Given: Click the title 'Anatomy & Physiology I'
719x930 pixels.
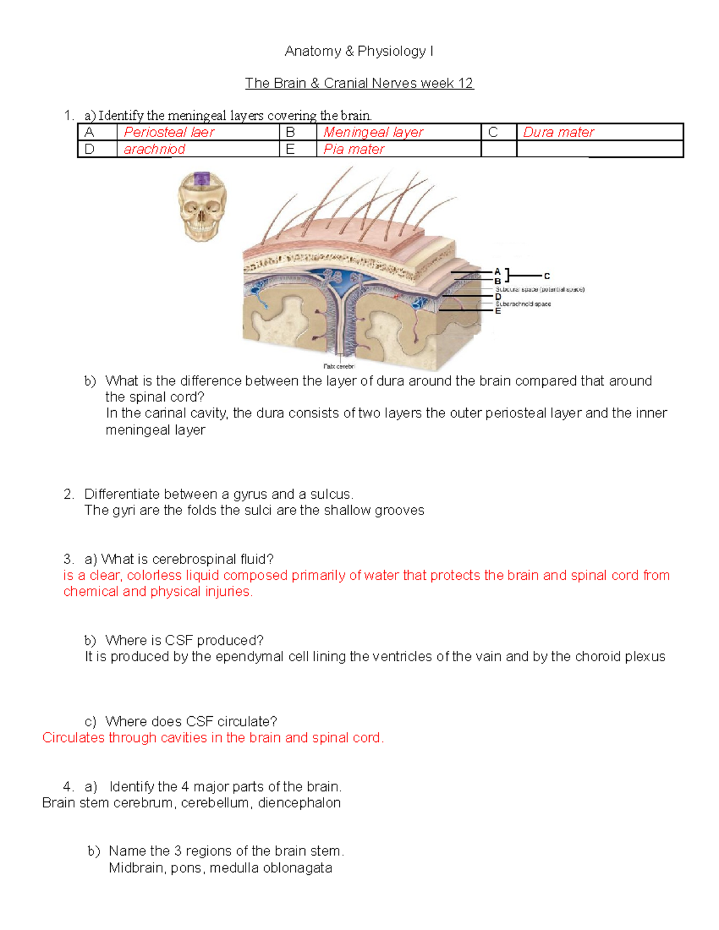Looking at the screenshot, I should tap(359, 52).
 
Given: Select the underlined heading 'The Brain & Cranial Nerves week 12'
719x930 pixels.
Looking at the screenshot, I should tap(359, 83).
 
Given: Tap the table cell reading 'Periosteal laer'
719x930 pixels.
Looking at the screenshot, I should tap(169, 132).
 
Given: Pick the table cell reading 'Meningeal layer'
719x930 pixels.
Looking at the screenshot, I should tap(373, 132).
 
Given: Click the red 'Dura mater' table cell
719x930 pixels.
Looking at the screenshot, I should tap(558, 132).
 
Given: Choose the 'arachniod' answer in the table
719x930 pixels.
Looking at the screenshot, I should tap(155, 149).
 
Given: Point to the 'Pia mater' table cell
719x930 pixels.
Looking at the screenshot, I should tap(354, 149).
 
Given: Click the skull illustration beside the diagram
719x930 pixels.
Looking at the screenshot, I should tap(202, 207).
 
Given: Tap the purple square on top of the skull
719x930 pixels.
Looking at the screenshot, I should tap(202, 178).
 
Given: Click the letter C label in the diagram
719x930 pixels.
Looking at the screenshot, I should tap(546, 276).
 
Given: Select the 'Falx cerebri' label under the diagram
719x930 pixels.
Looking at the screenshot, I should tap(339, 366).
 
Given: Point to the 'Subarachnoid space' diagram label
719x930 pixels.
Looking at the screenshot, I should tap(523, 304).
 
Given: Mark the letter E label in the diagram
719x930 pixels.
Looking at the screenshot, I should tap(497, 311).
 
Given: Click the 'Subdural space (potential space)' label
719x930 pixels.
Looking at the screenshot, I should tap(540, 289).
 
